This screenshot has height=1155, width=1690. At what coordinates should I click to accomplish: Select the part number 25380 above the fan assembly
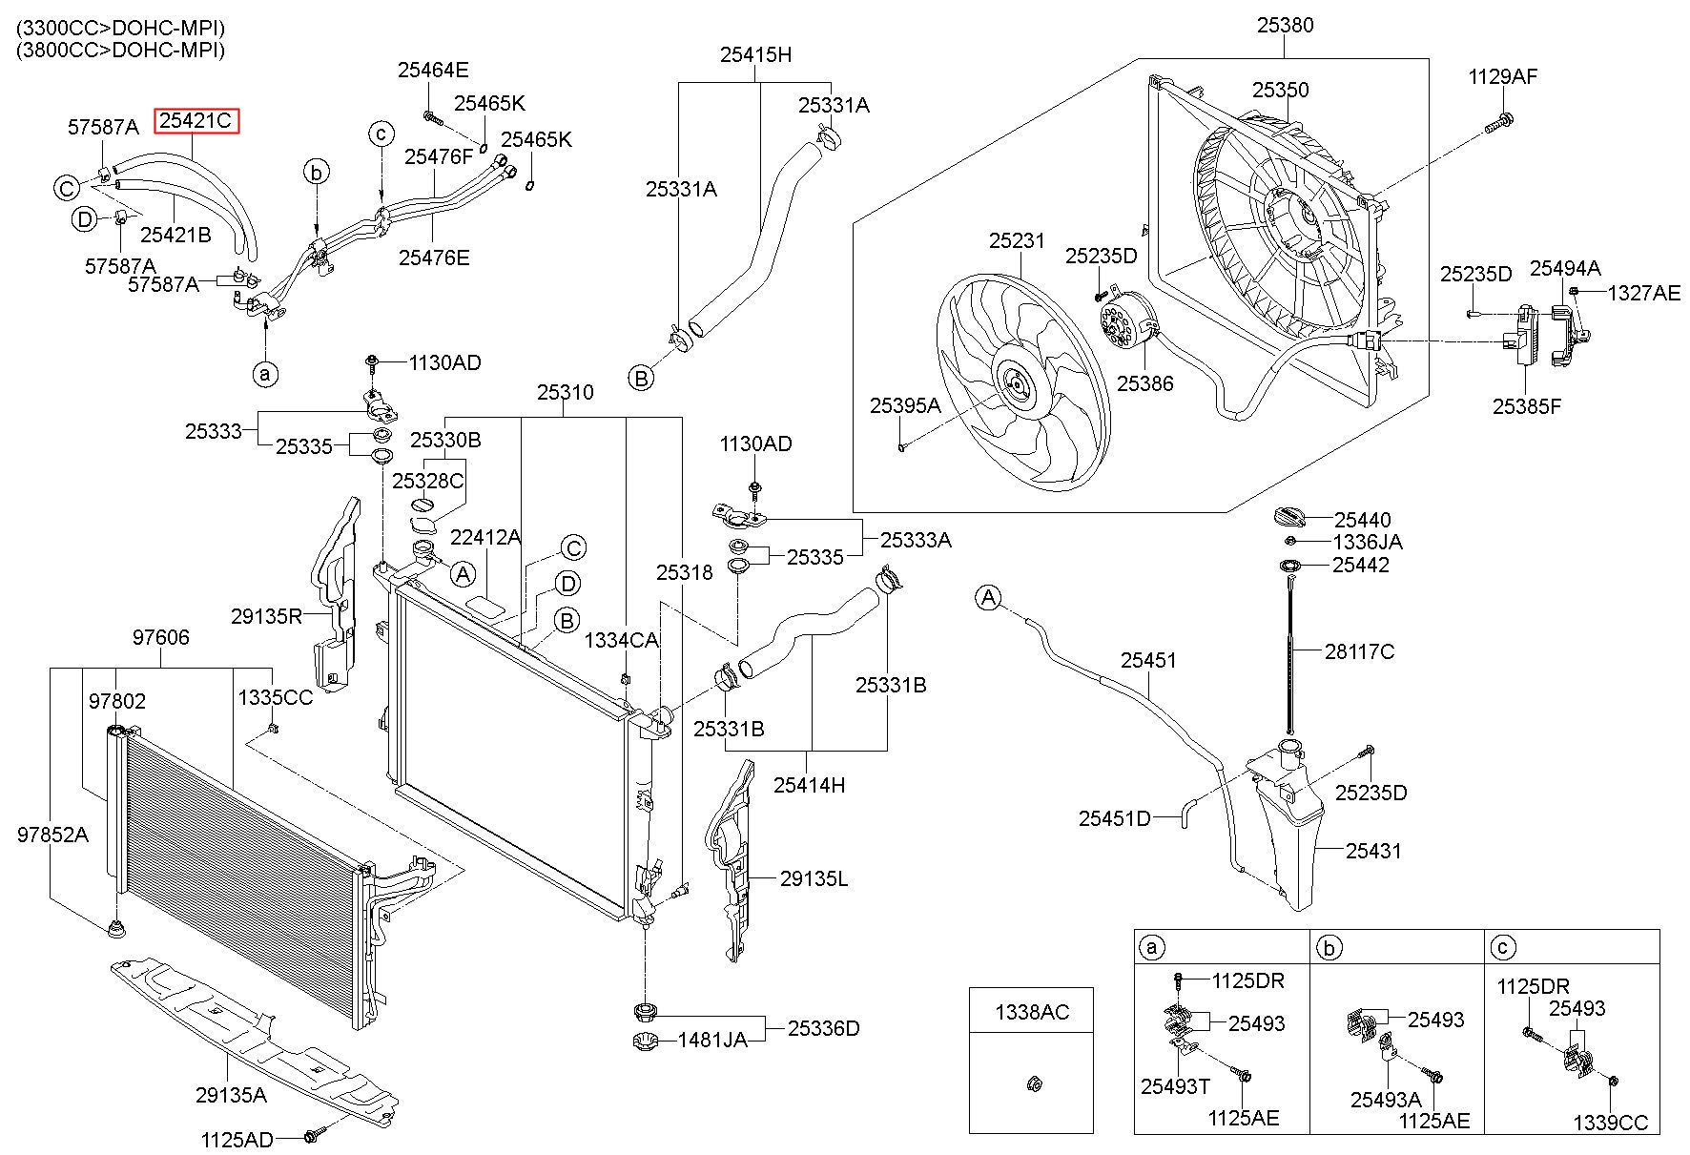(1285, 25)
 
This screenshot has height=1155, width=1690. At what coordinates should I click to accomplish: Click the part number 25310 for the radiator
(565, 392)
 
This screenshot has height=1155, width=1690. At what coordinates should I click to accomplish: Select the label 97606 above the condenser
(160, 637)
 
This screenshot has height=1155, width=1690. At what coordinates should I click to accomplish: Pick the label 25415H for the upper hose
(755, 54)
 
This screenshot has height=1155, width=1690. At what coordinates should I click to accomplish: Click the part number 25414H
(809, 785)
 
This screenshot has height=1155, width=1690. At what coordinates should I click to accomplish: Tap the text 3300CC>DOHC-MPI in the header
(121, 28)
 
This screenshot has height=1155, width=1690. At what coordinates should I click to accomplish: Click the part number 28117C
(1359, 651)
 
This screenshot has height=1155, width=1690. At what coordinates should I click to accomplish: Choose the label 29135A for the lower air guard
(231, 1095)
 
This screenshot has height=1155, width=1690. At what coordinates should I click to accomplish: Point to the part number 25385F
(1527, 406)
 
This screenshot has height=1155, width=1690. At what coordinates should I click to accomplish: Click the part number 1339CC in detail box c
(1610, 1123)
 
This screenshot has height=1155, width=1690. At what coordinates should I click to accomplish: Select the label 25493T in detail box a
(1175, 1085)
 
